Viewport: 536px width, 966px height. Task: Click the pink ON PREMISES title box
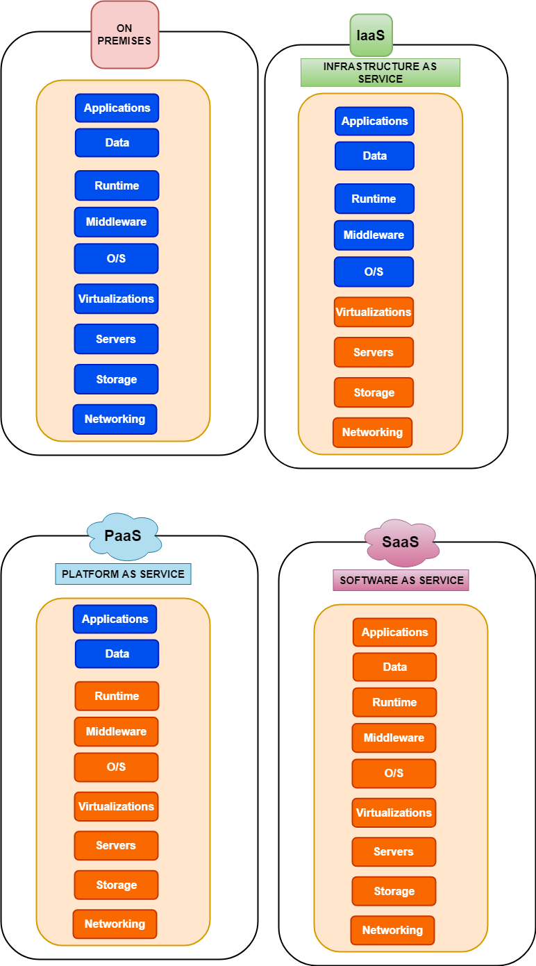pos(124,35)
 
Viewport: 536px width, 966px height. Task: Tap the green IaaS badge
pos(371,35)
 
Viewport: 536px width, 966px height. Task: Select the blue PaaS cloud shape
pos(124,535)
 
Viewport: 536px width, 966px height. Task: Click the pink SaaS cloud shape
pos(401,542)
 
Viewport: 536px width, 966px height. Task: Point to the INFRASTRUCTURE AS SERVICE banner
pos(380,73)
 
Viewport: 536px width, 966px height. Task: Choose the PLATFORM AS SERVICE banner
pos(123,574)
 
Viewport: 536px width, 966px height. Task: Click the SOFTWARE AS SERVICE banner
pos(401,580)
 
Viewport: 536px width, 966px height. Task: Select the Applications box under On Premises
pos(117,108)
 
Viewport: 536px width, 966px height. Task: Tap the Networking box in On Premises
pos(115,419)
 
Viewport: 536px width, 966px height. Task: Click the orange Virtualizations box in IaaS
pos(374,312)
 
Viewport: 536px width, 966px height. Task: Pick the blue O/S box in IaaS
pos(374,272)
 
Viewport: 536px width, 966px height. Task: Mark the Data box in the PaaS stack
pos(117,653)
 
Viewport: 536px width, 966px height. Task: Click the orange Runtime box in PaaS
pos(117,696)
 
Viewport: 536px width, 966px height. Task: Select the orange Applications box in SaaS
pos(394,632)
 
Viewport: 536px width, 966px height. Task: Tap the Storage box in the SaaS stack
pos(394,891)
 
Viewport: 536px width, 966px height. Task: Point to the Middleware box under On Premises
pos(116,222)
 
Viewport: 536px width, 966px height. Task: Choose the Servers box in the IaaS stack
pos(374,352)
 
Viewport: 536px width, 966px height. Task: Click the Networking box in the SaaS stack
pos(392,930)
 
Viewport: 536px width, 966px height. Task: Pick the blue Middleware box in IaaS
pos(374,235)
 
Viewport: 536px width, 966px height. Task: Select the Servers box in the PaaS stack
pos(116,845)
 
